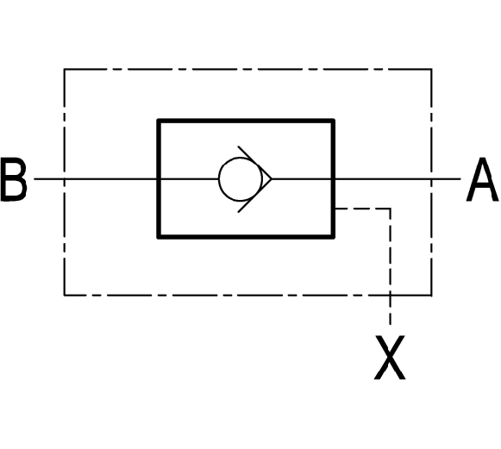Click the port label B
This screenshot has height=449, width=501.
pos(14,179)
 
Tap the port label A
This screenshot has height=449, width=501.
pos(482,179)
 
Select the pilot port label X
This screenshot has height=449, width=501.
pos(390,358)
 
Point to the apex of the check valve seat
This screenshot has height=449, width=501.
pos(272,179)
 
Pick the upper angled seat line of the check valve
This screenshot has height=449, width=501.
pos(254,163)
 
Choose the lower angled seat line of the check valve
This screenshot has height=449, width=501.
pos(254,196)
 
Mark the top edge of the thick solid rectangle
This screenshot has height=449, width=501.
pos(246,121)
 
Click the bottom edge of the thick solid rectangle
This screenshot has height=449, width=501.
pos(246,237)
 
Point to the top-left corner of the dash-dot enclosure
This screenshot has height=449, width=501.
pos(64,69)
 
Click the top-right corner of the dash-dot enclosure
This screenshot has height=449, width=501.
pos(432,69)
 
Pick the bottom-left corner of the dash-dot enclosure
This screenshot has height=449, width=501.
pos(64,296)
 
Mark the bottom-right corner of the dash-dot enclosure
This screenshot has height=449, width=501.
pos(432,296)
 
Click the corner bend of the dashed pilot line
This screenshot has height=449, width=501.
pos(390,209)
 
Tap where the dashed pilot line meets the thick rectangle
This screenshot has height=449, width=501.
pos(335,209)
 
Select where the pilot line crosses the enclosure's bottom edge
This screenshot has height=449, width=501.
pos(390,296)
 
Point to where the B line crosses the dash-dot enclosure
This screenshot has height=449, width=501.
pos(64,179)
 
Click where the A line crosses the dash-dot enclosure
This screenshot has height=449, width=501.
pos(432,179)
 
